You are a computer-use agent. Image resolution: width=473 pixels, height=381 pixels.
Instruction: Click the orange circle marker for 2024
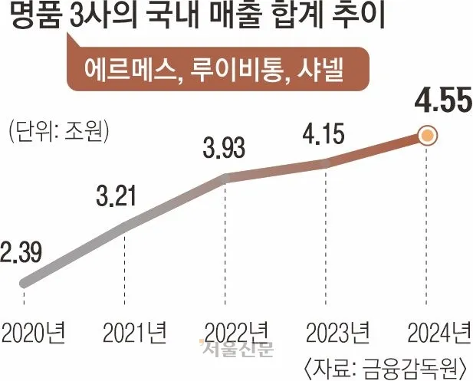pos(428,136)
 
